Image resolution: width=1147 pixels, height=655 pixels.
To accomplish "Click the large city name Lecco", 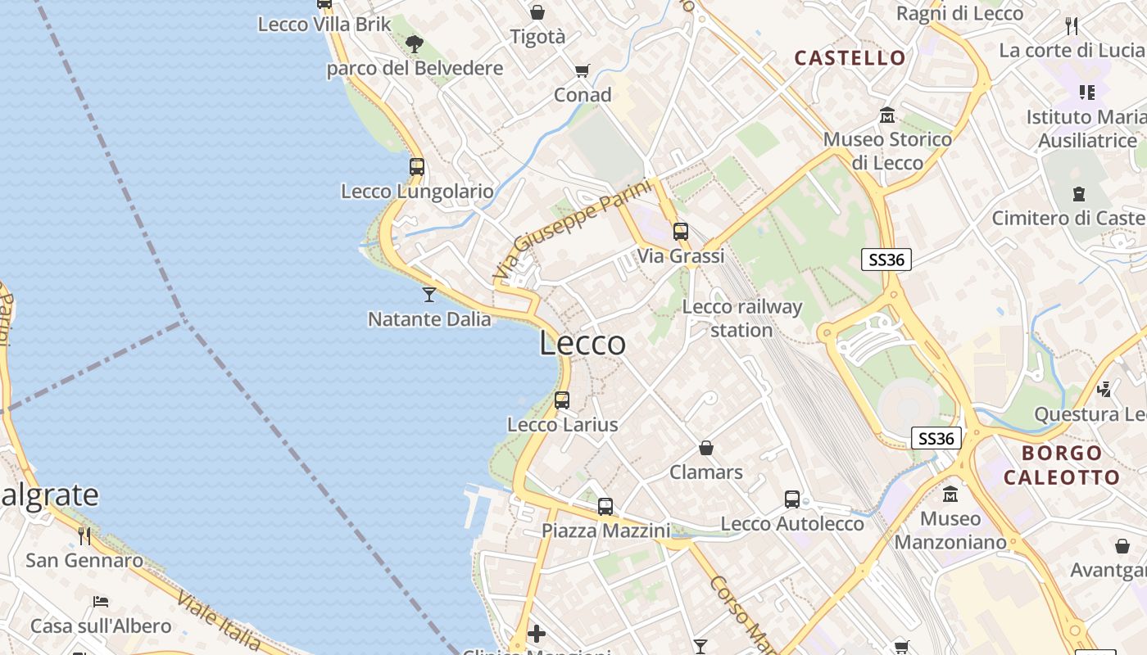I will (x=583, y=343).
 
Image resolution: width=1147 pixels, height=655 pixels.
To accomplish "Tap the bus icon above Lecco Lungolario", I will (x=417, y=167).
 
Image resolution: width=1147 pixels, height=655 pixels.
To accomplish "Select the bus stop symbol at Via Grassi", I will (x=681, y=232).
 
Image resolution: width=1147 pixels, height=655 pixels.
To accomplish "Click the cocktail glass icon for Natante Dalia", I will (x=428, y=294).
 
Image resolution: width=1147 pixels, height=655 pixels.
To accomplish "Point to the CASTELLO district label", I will (x=850, y=58).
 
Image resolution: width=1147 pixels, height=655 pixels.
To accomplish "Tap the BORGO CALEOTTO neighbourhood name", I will (x=1061, y=465).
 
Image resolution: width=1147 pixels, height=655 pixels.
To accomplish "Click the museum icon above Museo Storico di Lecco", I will (x=886, y=115).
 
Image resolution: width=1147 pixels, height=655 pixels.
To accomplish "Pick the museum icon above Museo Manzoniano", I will (x=950, y=495).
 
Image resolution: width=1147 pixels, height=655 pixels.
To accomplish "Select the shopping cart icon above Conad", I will (x=583, y=71).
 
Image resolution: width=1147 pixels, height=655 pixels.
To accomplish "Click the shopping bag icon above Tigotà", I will (x=537, y=12).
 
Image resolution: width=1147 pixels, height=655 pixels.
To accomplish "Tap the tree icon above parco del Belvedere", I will (x=415, y=43).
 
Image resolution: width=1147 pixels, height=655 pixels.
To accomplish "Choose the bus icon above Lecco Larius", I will (x=562, y=400).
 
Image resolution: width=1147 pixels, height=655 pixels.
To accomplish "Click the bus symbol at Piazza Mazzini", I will (x=605, y=507).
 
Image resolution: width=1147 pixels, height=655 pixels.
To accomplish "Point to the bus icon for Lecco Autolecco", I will (x=792, y=499).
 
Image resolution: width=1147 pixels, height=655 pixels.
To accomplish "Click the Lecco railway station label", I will (x=741, y=318).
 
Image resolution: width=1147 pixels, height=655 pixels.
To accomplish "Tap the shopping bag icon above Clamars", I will (x=706, y=448).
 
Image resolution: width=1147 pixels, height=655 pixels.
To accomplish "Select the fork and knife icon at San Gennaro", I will (x=84, y=536).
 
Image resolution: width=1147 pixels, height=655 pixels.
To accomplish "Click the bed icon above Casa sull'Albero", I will (x=101, y=602).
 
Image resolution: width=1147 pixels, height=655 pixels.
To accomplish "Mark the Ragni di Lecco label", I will (x=959, y=13).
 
